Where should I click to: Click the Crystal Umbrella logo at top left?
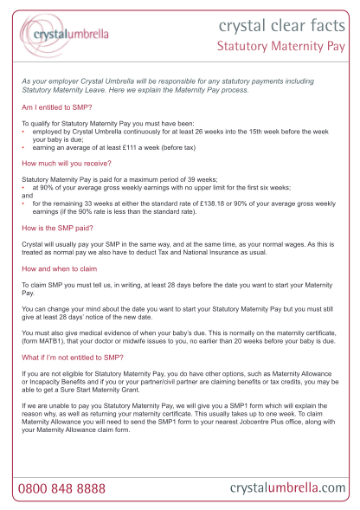[x=65, y=34]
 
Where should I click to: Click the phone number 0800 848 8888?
[x=61, y=490]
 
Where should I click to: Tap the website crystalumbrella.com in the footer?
[x=287, y=489]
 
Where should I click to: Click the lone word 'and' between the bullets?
[x=25, y=194]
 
